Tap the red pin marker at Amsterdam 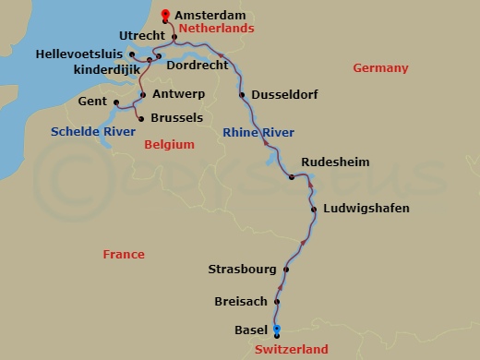point(165,14)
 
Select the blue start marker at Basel point(276,330)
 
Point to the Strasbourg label point(243,270)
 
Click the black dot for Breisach point(277,301)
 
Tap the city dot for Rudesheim point(291,176)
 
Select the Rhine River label point(258,133)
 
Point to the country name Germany point(380,68)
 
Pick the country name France point(124,254)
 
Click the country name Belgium point(170,144)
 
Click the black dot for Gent point(116,102)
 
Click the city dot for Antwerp point(143,94)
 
